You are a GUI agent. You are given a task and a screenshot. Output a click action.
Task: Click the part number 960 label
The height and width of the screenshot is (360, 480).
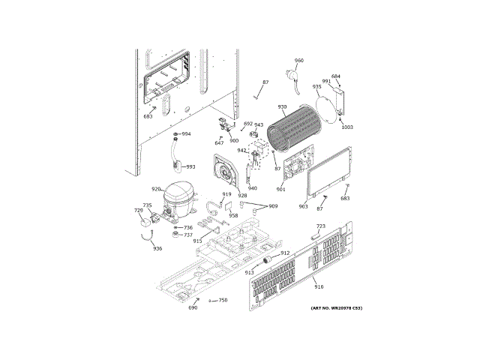tap(298, 61)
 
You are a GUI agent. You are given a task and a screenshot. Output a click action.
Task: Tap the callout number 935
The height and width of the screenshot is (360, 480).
tap(317, 87)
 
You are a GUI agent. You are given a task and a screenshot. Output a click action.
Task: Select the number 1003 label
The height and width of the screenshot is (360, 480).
tap(346, 127)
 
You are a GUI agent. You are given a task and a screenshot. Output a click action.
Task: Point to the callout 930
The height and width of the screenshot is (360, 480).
tap(282, 107)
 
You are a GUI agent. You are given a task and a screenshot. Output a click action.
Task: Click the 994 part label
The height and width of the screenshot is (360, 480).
tap(186, 134)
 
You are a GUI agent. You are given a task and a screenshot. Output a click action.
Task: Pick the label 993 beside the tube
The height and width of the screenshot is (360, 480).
tap(190, 166)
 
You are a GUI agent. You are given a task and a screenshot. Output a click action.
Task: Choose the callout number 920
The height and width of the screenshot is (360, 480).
tap(155, 189)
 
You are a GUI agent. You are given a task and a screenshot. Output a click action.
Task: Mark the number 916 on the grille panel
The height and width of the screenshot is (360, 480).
tap(319, 287)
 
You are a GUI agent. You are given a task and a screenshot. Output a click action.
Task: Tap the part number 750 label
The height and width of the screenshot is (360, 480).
tap(223, 300)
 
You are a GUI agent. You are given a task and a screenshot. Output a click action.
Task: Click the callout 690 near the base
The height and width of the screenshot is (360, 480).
tap(193, 307)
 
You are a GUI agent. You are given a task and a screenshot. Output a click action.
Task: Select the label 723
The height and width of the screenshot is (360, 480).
tap(320, 226)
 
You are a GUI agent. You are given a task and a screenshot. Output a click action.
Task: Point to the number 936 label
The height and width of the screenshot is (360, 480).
tap(157, 248)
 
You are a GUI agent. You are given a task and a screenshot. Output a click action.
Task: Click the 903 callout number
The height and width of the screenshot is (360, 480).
tap(303, 206)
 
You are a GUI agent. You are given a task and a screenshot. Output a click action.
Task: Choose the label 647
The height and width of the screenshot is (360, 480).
tap(219, 142)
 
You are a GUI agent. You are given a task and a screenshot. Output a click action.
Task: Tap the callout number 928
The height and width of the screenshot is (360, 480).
tap(242, 195)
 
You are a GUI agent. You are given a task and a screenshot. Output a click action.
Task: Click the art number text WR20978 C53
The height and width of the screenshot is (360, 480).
tap(336, 308)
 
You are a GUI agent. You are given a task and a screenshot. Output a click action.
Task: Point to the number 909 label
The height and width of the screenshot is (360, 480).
tap(272, 206)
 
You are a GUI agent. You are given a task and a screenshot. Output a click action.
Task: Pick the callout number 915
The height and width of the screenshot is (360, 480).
tap(197, 241)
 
